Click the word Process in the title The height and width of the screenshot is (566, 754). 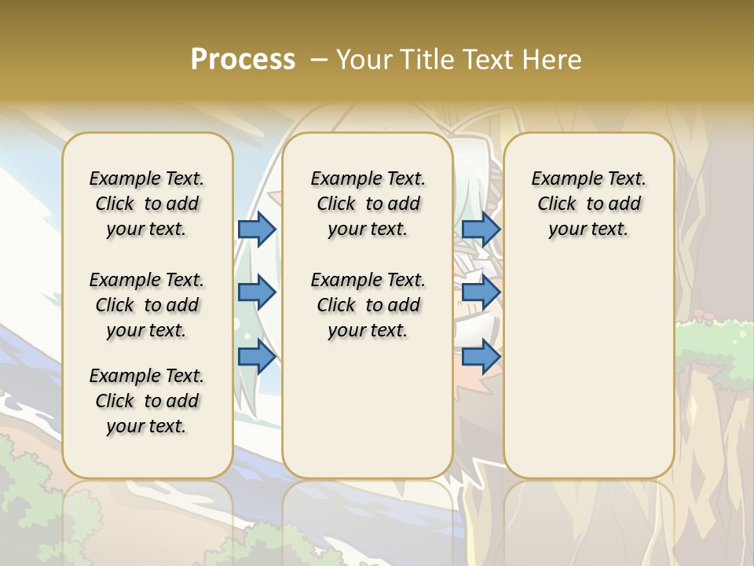[x=243, y=59]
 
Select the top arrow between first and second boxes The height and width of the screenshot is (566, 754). [x=257, y=229]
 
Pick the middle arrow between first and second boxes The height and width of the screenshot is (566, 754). [x=257, y=293]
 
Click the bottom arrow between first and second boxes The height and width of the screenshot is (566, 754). [x=257, y=357]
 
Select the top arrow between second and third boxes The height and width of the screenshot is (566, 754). [x=481, y=229]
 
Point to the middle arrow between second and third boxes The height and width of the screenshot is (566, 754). [x=481, y=293]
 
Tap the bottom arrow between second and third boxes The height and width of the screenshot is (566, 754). [x=481, y=357]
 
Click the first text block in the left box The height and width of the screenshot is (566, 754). [x=147, y=204]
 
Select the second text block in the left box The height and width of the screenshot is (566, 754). [x=147, y=305]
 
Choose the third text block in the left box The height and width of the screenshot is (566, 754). [x=147, y=401]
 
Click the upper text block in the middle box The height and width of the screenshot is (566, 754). [x=368, y=204]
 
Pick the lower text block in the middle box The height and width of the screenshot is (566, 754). [x=368, y=305]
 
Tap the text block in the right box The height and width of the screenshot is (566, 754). [x=588, y=204]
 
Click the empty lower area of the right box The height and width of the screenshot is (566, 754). [x=588, y=369]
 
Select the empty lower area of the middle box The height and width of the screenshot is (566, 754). [x=368, y=409]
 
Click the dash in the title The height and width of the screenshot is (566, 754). [x=318, y=59]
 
